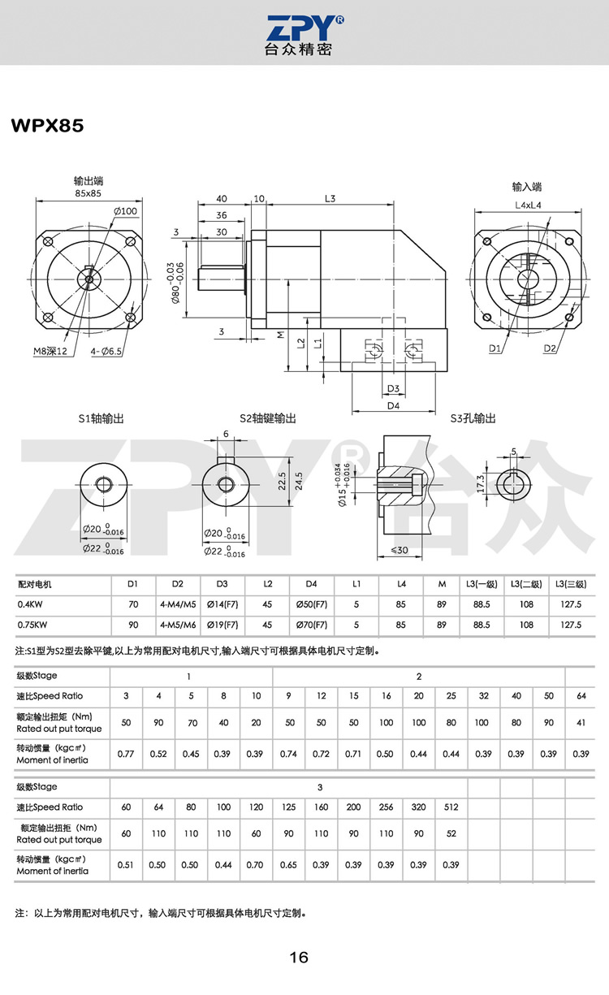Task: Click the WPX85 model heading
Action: (x=47, y=127)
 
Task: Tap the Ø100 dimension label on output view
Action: (x=126, y=212)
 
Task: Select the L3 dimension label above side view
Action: (x=330, y=198)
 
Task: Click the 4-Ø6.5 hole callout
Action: (x=106, y=351)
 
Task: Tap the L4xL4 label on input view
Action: (x=528, y=205)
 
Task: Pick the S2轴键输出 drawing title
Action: (x=267, y=418)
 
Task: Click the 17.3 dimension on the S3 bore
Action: (x=481, y=484)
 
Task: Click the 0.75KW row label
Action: (x=32, y=625)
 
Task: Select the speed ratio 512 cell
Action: (x=451, y=807)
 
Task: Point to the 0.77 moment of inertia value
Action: (x=126, y=754)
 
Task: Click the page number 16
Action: (x=299, y=958)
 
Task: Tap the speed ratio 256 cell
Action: (x=386, y=807)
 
